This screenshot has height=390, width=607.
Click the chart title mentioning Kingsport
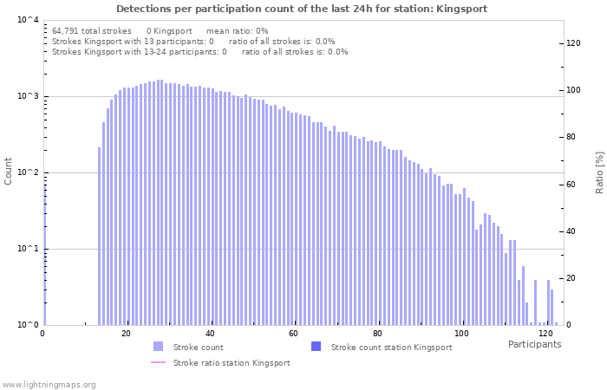[302, 9]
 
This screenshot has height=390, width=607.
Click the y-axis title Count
[9, 171]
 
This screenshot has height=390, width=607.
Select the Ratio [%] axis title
[599, 172]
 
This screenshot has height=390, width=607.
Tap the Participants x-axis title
[534, 345]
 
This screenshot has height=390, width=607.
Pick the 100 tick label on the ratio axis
[573, 90]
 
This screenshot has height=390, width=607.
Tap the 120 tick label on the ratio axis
[573, 43]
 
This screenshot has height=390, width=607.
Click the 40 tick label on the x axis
[210, 334]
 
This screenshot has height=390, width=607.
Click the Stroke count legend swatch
[158, 347]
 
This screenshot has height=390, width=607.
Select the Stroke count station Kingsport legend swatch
[316, 347]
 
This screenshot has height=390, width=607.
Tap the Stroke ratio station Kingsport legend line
[158, 362]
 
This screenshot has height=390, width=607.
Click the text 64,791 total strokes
[91, 30]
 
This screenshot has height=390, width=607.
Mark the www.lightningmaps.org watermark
[49, 384]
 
